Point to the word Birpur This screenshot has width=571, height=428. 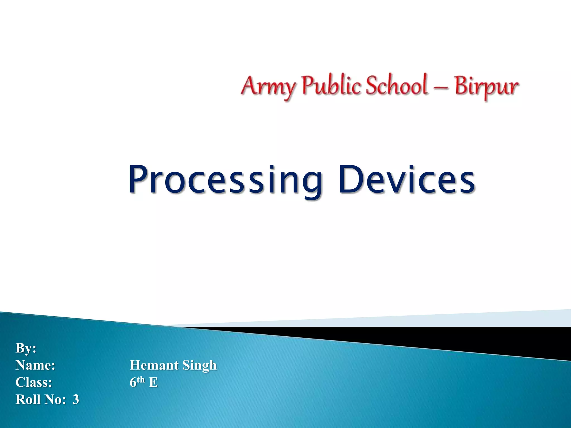pos(486,86)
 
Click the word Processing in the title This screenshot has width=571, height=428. pos(225,180)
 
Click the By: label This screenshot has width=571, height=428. pos(26,348)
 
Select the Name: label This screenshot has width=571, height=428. pos(35,365)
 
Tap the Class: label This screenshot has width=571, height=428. pos(33,382)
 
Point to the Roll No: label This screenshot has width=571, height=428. pos(40,399)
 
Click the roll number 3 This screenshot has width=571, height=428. pos(76,399)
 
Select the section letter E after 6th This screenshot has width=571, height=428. pos(153,382)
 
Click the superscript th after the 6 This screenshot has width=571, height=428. pos(141,379)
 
